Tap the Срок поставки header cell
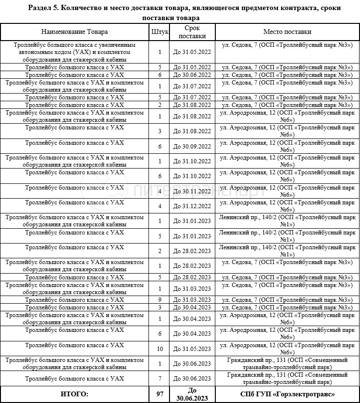(x=191, y=32)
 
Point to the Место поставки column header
(x=287, y=32)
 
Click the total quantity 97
(x=160, y=394)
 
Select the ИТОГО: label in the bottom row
(x=74, y=394)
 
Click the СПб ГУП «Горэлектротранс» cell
(x=287, y=394)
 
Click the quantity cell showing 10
(x=160, y=349)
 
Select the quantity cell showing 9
(x=160, y=300)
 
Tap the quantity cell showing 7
(x=160, y=379)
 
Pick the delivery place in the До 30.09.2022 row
(x=287, y=146)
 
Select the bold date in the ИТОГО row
(x=191, y=394)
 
